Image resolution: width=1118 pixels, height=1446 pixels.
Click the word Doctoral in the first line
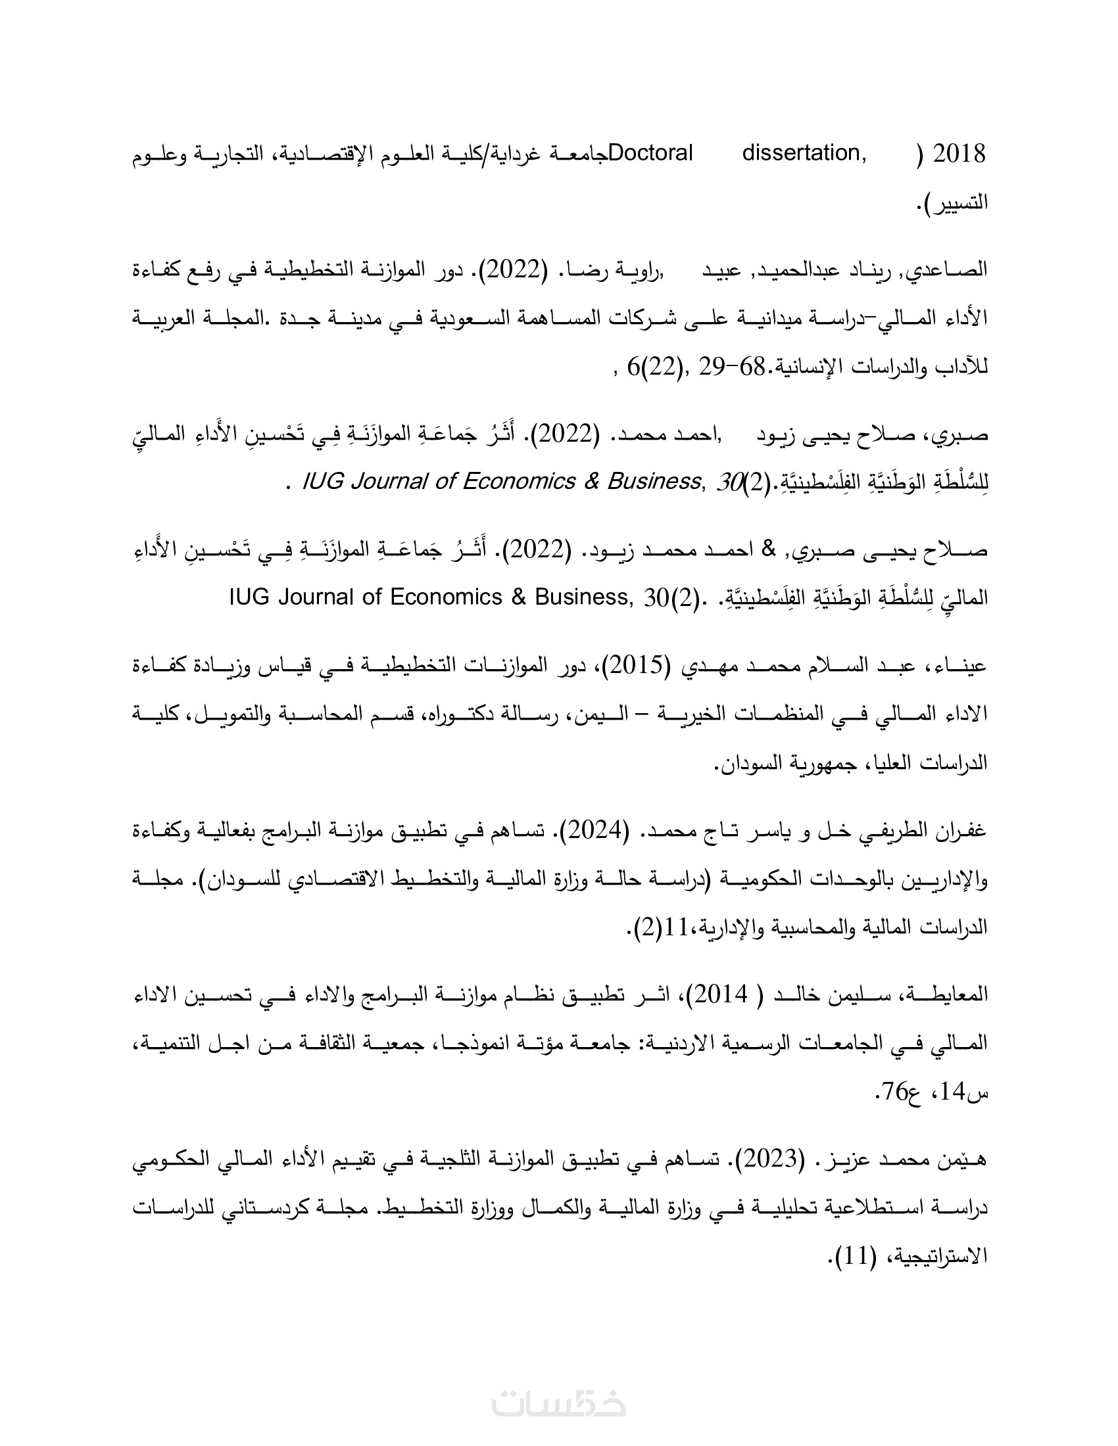pos(650,154)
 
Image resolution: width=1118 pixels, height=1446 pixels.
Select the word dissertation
pos(804,154)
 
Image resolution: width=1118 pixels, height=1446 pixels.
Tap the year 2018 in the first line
pos(958,154)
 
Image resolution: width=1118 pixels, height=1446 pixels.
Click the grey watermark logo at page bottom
pos(559,1403)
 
